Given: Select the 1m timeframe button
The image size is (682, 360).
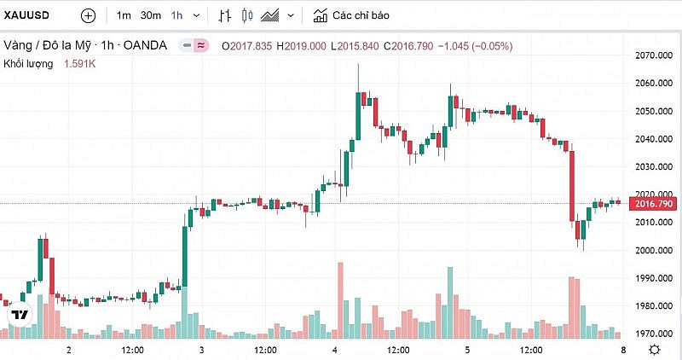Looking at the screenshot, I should coord(124,15).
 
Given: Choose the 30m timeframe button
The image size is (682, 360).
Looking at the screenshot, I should coord(151,15).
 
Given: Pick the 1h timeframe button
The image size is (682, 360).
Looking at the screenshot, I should coord(176,15).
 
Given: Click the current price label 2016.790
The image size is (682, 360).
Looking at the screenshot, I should coord(651,203).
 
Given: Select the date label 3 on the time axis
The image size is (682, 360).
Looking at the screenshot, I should coord(201,351).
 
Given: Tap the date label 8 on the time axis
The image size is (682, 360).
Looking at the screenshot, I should coord(624,351).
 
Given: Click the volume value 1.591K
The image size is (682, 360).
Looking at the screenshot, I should coord(80,63).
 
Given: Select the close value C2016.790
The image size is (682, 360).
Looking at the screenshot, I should coord(408,45).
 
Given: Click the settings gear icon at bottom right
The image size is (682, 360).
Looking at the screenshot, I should coord(654,350).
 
